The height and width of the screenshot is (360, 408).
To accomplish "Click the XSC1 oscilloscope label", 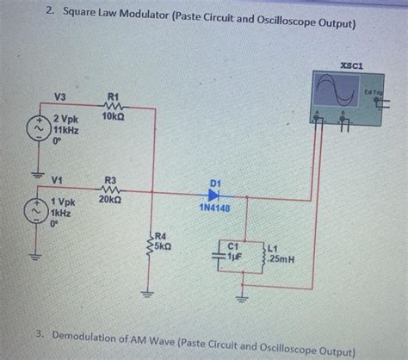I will (x=350, y=64).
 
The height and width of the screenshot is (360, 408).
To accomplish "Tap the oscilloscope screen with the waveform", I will (x=337, y=90).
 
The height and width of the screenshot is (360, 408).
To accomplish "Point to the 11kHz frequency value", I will (x=65, y=130).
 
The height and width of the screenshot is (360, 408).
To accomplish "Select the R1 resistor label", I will (x=114, y=97).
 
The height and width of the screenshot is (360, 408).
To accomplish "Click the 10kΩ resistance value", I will (x=114, y=115).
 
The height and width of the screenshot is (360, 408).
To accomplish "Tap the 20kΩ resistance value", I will (x=110, y=199).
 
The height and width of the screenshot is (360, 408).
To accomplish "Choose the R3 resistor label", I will (x=110, y=181).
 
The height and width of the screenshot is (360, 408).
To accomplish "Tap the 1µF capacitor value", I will (x=235, y=256).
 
